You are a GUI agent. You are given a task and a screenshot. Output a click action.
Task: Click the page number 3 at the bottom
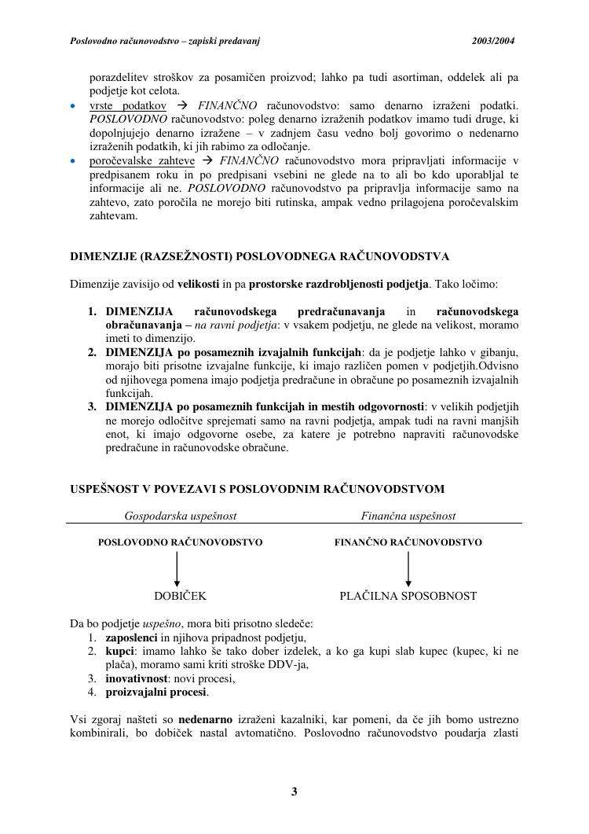click(294, 792)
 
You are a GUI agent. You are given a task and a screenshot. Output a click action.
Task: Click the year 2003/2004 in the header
click(494, 41)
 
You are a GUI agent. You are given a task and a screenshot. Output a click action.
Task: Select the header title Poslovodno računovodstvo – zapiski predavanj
click(165, 41)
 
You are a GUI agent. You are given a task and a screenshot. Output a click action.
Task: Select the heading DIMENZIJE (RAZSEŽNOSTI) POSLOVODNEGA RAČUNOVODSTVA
click(259, 256)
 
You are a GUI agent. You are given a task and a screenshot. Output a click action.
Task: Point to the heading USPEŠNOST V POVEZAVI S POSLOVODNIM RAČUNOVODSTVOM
click(257, 489)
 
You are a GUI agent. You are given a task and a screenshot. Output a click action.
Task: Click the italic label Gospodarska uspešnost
click(181, 516)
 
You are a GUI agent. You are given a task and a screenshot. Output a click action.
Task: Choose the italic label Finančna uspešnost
click(408, 516)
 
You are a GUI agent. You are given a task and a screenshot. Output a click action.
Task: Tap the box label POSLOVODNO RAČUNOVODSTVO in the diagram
click(180, 542)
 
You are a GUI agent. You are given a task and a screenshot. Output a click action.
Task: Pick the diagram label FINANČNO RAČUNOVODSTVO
click(408, 542)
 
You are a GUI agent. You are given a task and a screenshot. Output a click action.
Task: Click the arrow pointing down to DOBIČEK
click(177, 569)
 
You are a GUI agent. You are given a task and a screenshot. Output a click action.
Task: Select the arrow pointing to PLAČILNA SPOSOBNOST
click(408, 569)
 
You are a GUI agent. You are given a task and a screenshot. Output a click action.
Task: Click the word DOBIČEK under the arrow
click(180, 596)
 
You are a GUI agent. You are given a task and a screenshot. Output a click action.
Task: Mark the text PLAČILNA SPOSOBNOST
click(408, 596)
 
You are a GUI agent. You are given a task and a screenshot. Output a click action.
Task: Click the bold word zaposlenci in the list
click(131, 638)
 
